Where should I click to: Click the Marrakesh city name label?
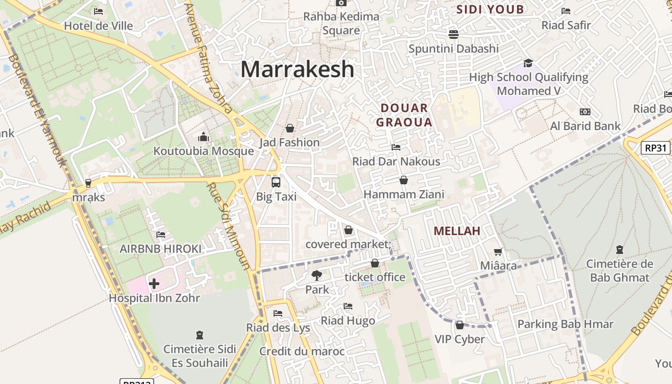pos(298,69)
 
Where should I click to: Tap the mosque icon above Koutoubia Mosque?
pos(204,137)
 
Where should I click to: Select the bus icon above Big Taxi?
pos(276,182)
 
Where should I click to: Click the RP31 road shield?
pos(656,147)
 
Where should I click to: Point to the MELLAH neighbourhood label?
pos(457,231)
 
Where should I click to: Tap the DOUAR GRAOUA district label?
pos(404,115)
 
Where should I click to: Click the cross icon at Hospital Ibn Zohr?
pos(154,284)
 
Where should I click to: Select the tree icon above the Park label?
pos(316,276)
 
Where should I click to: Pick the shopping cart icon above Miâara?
pos(498,252)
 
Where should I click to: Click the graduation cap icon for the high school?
pos(528,63)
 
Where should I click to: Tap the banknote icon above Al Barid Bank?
pos(585,112)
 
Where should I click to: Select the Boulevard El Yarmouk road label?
pos(37,110)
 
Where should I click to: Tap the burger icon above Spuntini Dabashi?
pos(454,34)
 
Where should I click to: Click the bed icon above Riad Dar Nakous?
pos(396,147)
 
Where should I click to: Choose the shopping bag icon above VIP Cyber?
pos(460,325)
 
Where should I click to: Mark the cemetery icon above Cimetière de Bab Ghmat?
pos(620,250)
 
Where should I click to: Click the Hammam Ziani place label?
pos(404,194)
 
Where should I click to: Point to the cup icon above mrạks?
pos(88,183)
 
